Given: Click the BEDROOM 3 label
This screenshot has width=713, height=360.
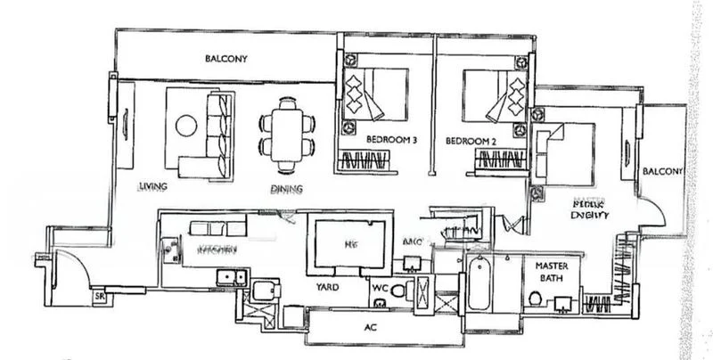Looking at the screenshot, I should click(x=392, y=141).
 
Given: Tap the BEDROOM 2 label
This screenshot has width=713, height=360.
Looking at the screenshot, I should click(x=470, y=141).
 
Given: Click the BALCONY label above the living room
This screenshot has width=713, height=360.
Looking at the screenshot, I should click(x=225, y=60).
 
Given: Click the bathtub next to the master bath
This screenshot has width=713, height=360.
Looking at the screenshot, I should click(x=479, y=282).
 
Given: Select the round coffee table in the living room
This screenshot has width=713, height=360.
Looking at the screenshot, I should click(x=186, y=126).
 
